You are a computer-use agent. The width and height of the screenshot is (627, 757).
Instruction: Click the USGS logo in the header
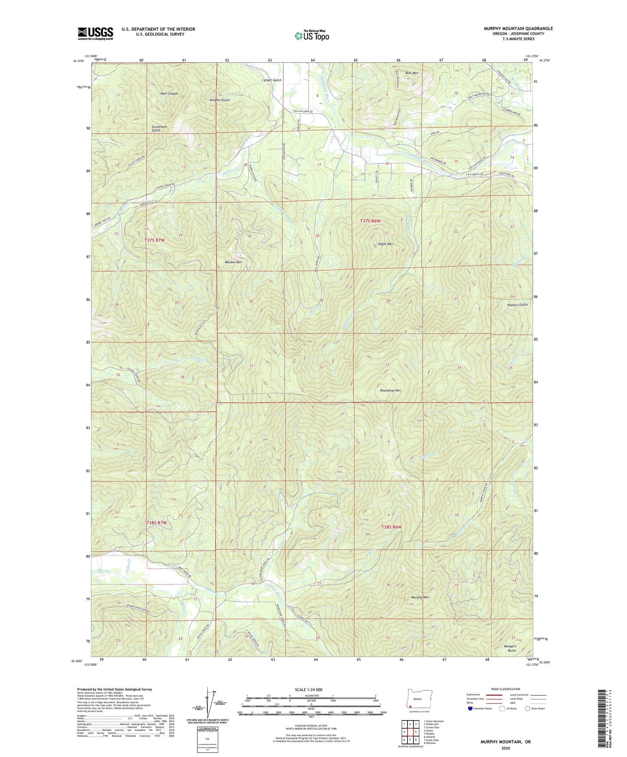tap(95, 33)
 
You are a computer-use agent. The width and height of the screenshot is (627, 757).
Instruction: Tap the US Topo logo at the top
tap(311, 36)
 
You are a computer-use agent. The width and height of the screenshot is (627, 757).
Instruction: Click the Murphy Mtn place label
tap(420, 597)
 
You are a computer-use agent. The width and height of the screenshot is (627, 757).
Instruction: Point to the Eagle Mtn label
tap(385, 244)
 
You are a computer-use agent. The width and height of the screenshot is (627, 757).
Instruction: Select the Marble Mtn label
tap(233, 262)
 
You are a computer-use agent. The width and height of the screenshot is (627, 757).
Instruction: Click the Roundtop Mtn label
tap(390, 391)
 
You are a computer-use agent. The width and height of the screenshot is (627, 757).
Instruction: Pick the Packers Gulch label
tap(517, 305)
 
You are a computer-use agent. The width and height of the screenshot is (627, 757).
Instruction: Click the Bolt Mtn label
tap(412, 73)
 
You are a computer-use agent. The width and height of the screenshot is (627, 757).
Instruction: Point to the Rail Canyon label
tap(169, 94)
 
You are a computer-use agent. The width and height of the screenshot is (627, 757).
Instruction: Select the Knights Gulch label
tap(220, 100)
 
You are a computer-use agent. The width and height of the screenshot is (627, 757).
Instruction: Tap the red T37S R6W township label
tap(370, 221)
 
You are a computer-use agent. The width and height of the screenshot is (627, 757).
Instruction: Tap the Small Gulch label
tap(272, 80)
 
